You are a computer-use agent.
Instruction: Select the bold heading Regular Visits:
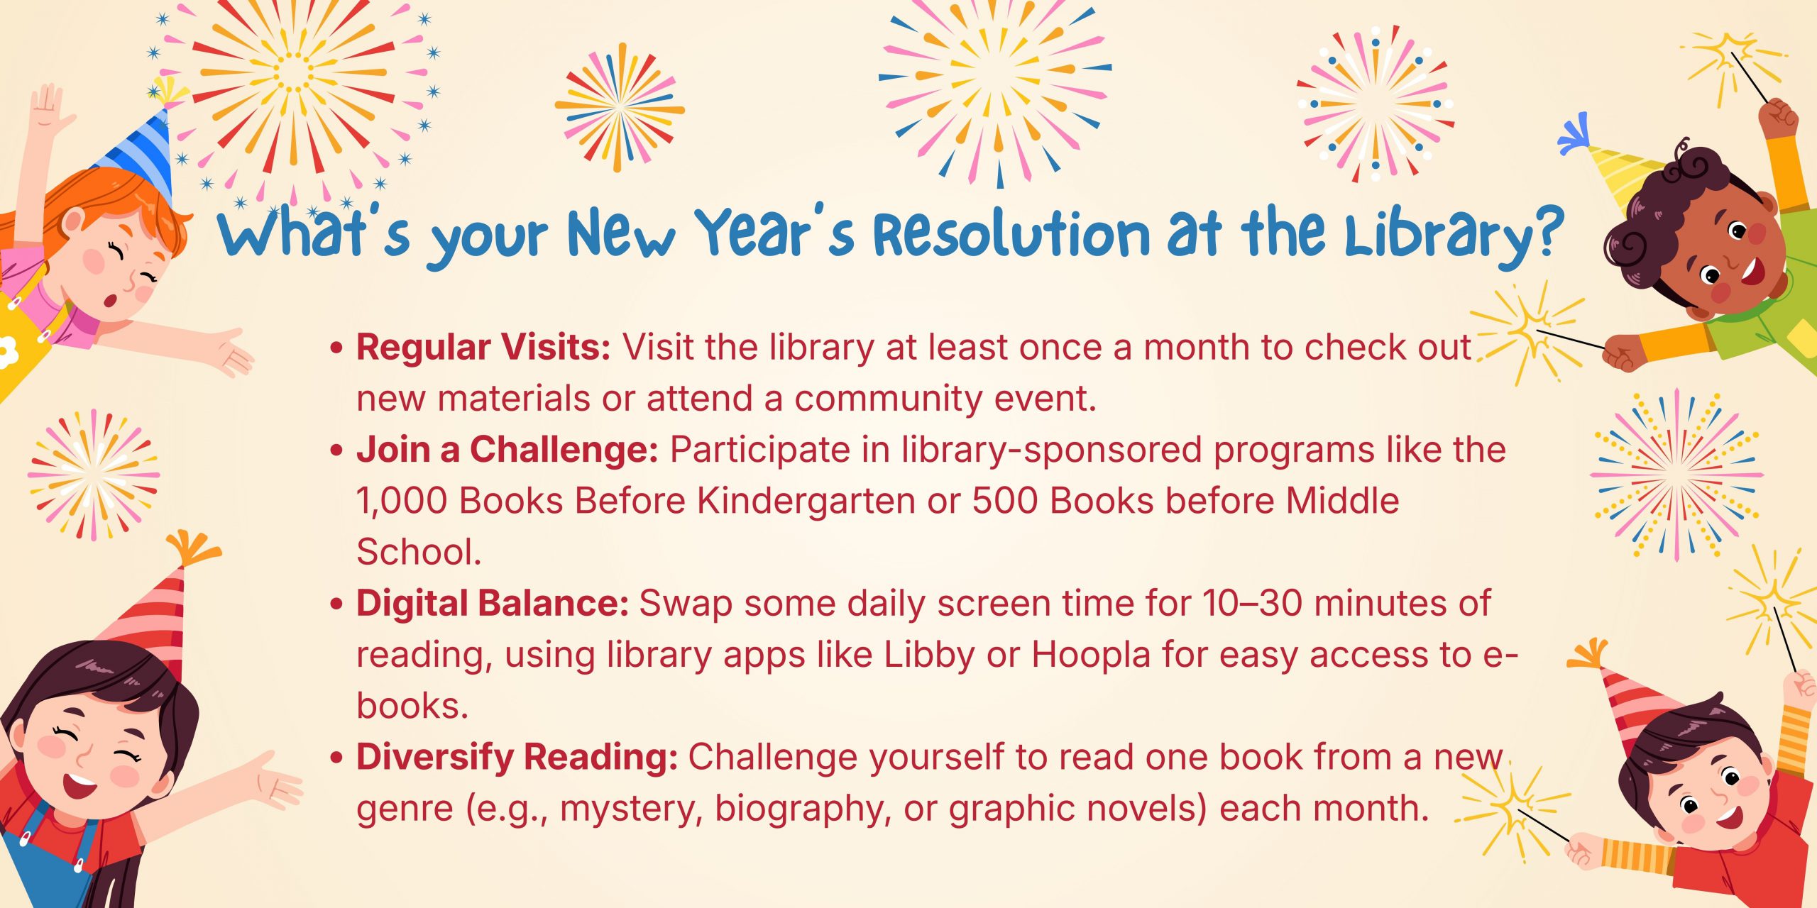pos(483,348)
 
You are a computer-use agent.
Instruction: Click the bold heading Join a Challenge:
pos(507,450)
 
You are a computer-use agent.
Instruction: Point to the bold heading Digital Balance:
pos(493,604)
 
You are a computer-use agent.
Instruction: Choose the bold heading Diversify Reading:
pos(517,757)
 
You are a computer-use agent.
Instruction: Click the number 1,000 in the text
pos(402,502)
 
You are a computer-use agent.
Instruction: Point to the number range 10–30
pos(1252,604)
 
